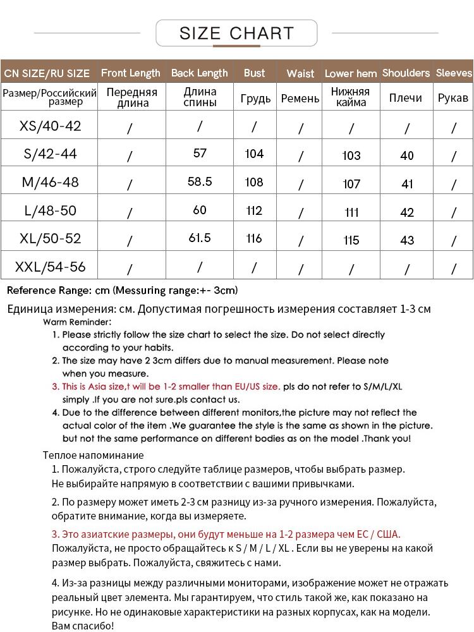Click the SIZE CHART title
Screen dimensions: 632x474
236,33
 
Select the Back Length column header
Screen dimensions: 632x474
199,73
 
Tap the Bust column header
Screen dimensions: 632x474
254,73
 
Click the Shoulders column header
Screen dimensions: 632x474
406,73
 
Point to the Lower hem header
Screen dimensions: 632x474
351,73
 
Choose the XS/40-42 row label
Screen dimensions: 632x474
51,126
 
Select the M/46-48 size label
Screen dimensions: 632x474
51,182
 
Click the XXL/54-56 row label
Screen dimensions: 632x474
51,267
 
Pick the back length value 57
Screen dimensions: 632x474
200,154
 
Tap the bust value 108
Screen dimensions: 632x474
254,182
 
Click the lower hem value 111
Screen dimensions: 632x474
351,212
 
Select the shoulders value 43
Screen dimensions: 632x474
407,240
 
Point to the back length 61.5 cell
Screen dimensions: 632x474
200,238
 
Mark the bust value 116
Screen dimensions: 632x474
254,238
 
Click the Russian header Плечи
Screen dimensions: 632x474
406,98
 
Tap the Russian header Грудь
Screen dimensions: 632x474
255,99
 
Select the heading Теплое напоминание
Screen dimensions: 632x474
93,455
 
